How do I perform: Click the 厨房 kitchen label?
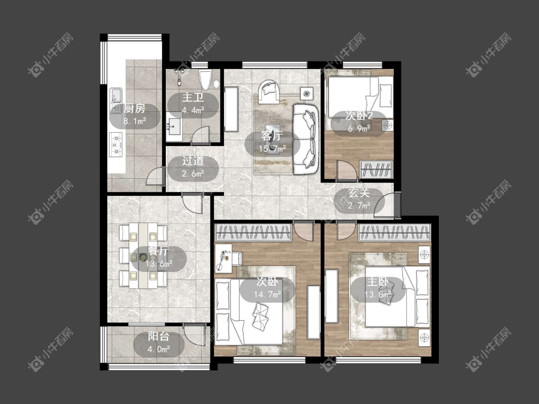(x=135, y=109)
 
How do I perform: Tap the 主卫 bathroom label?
(x=193, y=98)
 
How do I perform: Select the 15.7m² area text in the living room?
(x=273, y=149)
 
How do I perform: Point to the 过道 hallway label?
(x=193, y=161)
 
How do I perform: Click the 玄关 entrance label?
(x=359, y=193)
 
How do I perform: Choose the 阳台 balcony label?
(x=159, y=336)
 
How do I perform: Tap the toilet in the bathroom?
(x=206, y=79)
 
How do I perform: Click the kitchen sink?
(x=116, y=101)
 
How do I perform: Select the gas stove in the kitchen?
(x=116, y=144)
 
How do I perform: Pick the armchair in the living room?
(x=270, y=91)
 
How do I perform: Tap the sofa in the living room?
(x=306, y=139)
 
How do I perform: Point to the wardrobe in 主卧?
(x=394, y=233)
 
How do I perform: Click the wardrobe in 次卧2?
(x=376, y=169)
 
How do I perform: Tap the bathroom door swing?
(x=200, y=135)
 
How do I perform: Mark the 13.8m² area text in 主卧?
(x=378, y=294)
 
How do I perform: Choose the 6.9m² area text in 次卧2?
(x=359, y=129)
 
